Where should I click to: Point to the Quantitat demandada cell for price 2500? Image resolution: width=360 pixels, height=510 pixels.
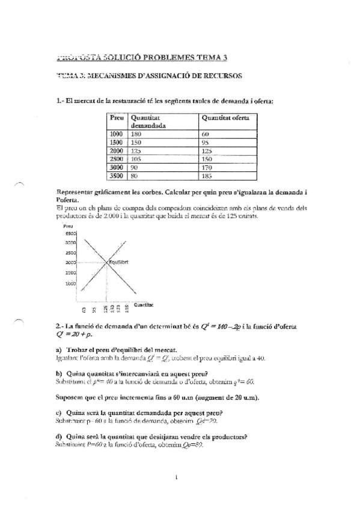tap(138, 159)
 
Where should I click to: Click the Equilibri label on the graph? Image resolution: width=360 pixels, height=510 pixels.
tap(117, 262)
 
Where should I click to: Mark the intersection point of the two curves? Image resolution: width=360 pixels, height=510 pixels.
tap(106, 262)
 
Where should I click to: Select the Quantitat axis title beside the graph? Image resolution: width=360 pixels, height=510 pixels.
tap(143, 304)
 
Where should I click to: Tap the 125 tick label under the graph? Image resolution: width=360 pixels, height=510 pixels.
tap(106, 310)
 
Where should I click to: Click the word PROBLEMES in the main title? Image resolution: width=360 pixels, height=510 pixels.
tap(162, 58)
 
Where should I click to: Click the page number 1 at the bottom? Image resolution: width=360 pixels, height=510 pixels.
tap(177, 479)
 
